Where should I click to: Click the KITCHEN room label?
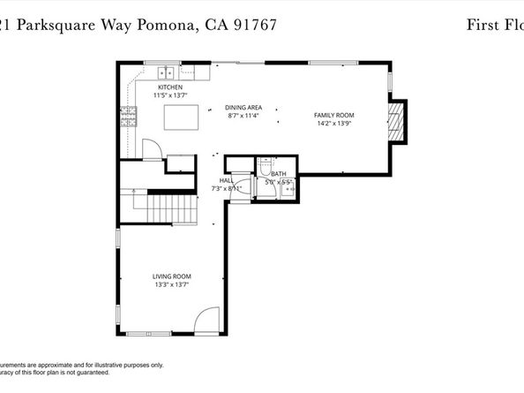tap(170, 87)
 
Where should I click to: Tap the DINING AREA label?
tap(243, 107)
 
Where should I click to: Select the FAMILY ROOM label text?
tap(334, 116)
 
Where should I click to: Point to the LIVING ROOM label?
tap(171, 276)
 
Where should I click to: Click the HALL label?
tap(226, 180)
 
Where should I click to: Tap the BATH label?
tap(279, 174)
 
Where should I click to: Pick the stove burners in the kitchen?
tap(128, 113)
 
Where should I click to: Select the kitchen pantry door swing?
tap(151, 148)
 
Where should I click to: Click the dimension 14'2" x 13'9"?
tap(334, 124)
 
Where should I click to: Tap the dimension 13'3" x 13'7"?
tap(171, 284)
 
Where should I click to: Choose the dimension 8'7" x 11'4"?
tap(243, 115)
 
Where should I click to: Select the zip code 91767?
tap(253, 26)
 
